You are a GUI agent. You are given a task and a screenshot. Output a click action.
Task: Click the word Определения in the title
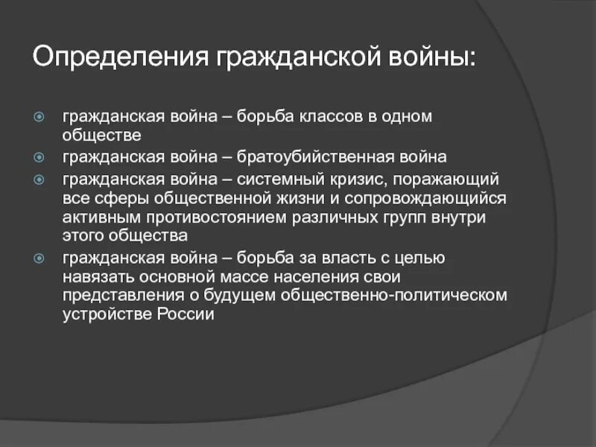tap(121, 57)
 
